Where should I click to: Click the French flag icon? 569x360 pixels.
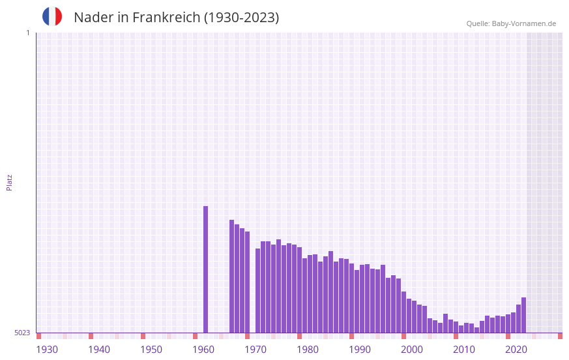52,16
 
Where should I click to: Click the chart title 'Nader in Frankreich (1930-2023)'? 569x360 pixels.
176,18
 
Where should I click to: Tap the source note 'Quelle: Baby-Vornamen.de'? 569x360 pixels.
511,23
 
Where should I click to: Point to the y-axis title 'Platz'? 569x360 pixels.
9,182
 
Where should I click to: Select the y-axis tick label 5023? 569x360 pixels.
22,333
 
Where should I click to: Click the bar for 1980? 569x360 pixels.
310,294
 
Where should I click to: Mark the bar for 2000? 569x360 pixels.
415,317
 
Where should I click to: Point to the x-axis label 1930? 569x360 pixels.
47,350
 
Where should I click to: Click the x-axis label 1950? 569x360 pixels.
151,350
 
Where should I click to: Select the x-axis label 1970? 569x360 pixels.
255,350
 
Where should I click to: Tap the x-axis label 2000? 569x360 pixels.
412,350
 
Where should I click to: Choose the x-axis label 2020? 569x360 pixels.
516,350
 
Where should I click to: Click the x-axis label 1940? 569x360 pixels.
99,350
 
